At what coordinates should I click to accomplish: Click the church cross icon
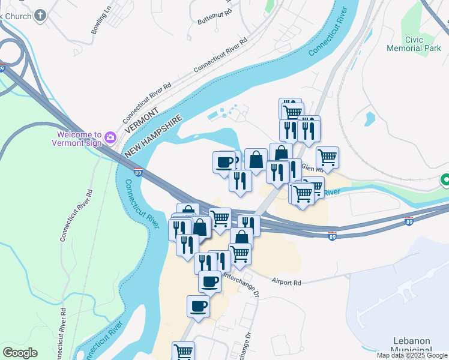pos(40,16)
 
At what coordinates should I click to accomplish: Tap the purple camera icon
pos(110,137)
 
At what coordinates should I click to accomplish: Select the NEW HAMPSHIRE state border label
pos(153,137)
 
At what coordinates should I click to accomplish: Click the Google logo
pos(20,353)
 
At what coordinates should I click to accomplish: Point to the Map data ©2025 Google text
pos(411,355)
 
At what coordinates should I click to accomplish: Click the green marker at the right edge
pos(445,179)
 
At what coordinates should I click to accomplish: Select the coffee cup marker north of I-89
pos(224,162)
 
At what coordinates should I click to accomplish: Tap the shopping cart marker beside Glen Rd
pos(327,158)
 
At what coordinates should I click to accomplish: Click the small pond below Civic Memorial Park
pos(370,119)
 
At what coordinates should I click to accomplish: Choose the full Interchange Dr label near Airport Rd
pos(240,285)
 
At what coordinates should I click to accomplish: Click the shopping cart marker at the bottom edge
pos(184,351)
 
